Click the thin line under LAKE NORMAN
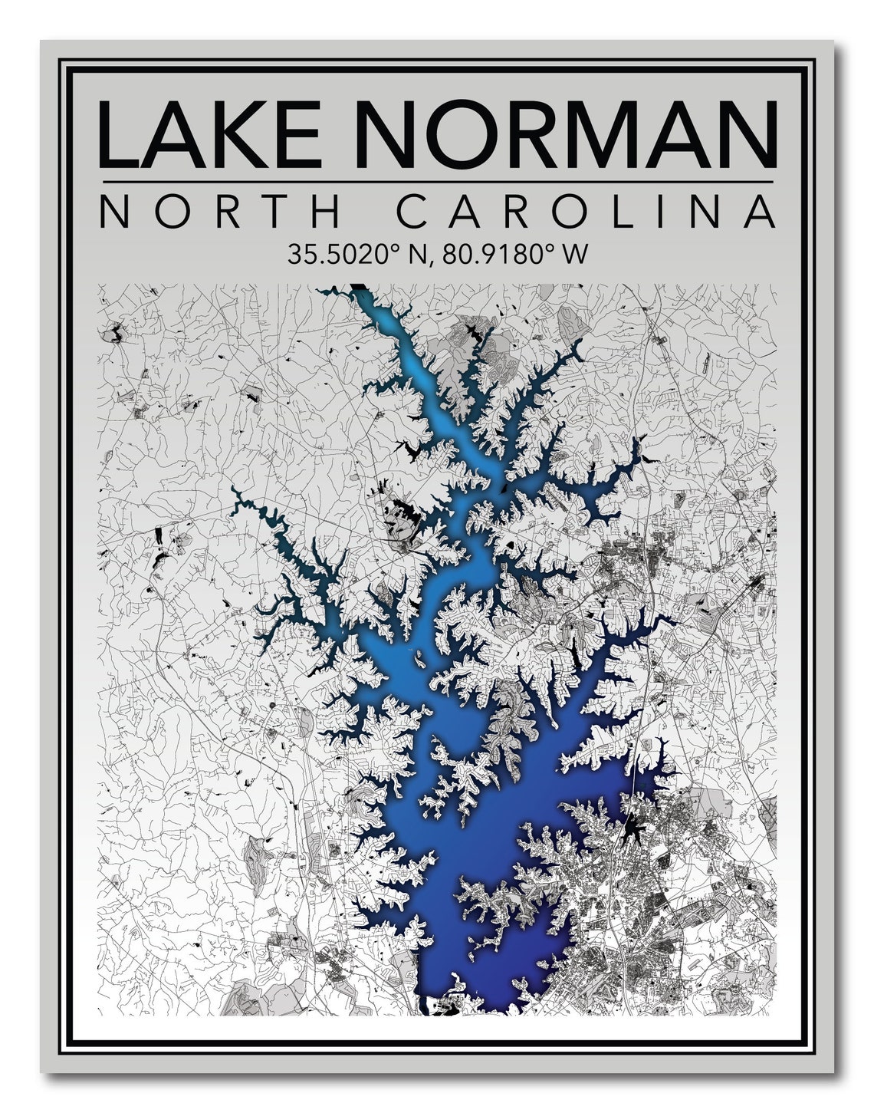coord(437,182)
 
